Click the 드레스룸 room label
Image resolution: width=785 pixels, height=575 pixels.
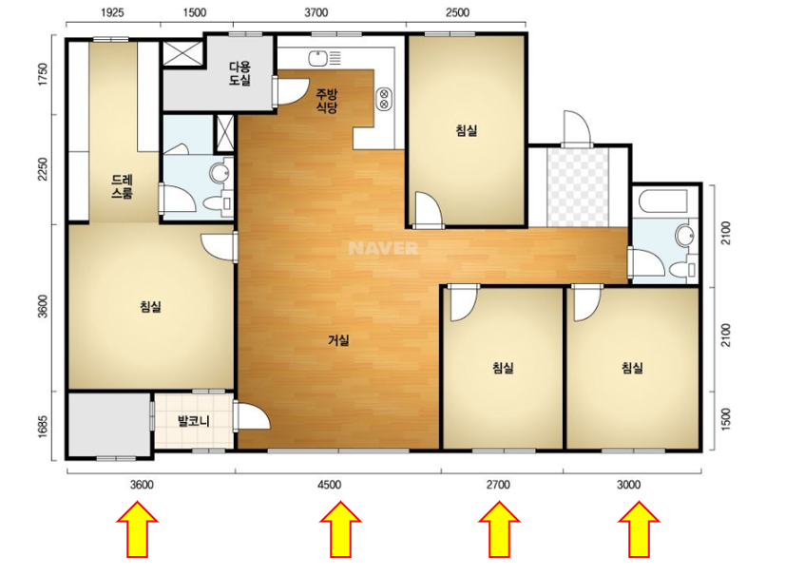(123, 186)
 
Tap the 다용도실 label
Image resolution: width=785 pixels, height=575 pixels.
(239, 73)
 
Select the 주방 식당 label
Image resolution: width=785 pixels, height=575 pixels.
(327, 100)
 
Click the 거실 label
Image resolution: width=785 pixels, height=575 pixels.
(338, 340)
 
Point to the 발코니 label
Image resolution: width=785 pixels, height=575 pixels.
(193, 421)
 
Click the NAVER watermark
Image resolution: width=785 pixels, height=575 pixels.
(384, 248)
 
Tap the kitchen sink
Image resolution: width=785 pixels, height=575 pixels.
(324, 58)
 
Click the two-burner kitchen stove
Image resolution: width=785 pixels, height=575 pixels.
(384, 99)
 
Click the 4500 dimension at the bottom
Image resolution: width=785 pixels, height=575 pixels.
(330, 485)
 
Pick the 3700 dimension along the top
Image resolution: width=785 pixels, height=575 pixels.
(316, 13)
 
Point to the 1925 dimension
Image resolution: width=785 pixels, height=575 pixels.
(112, 13)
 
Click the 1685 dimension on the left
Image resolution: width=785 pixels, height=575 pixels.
(43, 427)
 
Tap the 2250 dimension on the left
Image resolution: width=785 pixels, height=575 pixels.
(43, 170)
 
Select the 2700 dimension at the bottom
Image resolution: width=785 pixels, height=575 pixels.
(498, 485)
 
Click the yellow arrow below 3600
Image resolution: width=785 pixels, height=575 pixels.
(138, 530)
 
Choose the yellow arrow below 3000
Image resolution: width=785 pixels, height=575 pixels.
(639, 530)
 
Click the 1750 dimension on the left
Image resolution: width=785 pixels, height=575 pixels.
(43, 74)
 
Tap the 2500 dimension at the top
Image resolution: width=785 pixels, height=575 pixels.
(457, 13)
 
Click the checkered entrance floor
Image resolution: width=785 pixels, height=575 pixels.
(578, 186)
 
